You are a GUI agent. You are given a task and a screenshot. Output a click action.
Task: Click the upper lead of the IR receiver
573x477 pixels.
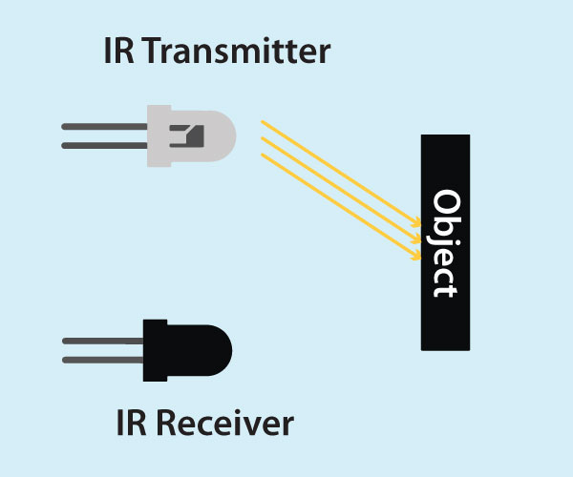101,340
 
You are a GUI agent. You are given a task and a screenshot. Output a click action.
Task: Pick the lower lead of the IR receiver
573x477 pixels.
101,360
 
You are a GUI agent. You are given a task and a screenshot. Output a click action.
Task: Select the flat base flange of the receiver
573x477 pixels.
149,350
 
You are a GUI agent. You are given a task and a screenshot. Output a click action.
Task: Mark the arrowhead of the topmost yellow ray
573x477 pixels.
416,225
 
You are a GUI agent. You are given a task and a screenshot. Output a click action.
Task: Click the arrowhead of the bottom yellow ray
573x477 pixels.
416,257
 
